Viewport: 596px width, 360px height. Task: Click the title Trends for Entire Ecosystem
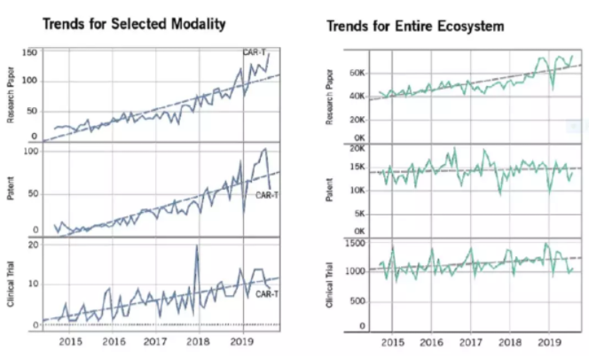pos(416,27)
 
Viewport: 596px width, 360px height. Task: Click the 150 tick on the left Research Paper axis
pos(29,54)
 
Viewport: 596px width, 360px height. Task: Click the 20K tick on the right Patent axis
pos(356,149)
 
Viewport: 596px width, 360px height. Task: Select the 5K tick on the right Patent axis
pos(358,214)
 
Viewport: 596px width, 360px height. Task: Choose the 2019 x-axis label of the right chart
pos(548,341)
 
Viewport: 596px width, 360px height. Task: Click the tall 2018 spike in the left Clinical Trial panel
pos(196,248)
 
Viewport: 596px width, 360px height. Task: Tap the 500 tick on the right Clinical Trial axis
pos(357,301)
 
